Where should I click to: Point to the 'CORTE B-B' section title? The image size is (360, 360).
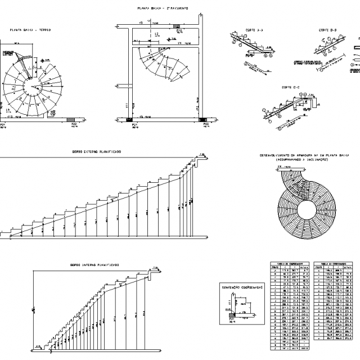[327, 29]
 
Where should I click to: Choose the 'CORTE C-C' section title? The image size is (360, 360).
[291, 87]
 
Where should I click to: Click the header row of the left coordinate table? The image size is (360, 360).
[290, 263]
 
